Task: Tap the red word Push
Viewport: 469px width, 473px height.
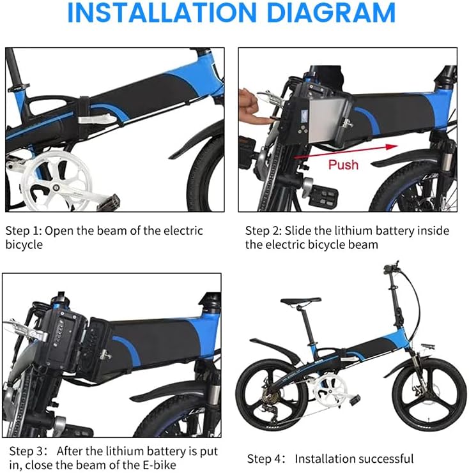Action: [343, 165]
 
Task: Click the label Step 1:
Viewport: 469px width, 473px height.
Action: [23, 230]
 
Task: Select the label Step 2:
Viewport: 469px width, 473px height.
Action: [264, 230]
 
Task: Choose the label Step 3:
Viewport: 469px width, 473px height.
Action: [23, 451]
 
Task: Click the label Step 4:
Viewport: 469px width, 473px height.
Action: [266, 458]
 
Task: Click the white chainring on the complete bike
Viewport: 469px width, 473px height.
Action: [330, 386]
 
